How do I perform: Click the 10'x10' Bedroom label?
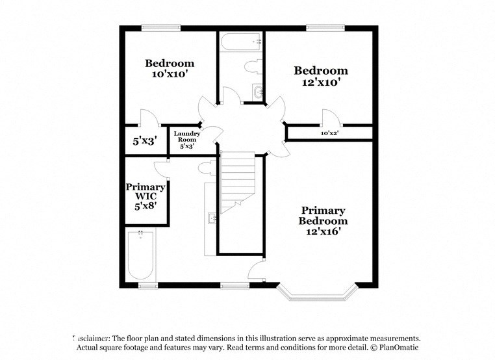point(170,68)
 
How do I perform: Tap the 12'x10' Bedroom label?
point(320,76)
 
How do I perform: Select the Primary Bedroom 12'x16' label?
point(322,220)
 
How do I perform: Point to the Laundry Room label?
point(186,139)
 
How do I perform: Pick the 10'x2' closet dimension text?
point(329,133)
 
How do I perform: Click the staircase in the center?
point(238,183)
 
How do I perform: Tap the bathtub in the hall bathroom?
point(240,42)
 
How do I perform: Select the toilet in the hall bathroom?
point(254,66)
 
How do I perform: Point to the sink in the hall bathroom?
point(257,92)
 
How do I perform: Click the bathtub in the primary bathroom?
point(140,254)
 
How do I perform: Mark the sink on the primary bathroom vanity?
point(212,218)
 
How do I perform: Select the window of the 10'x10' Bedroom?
point(161,27)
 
